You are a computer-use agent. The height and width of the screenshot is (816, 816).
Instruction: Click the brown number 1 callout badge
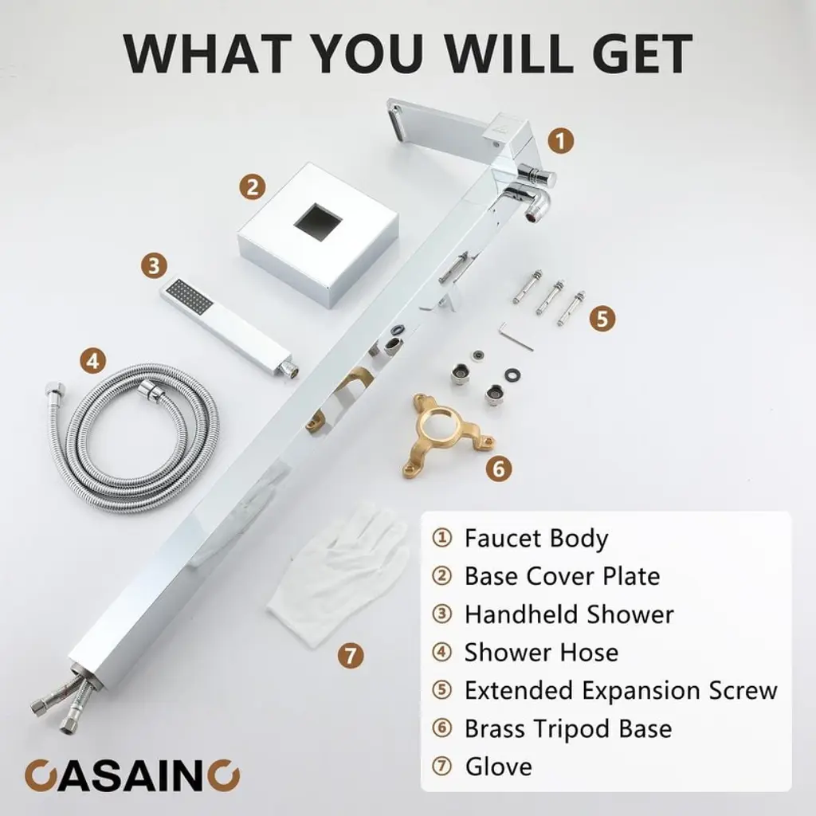[560, 141]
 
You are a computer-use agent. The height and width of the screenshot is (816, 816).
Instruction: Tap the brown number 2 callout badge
[253, 186]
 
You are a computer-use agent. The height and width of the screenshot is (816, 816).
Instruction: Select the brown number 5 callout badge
[602, 318]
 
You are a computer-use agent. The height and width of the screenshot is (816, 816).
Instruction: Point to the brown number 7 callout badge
[351, 656]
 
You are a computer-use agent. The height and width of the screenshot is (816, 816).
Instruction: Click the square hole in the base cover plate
[318, 222]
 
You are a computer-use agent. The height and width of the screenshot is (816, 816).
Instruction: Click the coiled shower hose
[133, 437]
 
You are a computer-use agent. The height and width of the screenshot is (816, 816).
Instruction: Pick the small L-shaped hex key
[516, 336]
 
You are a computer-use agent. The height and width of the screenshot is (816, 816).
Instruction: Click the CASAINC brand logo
[132, 775]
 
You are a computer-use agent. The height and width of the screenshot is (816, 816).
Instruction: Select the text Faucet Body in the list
[536, 539]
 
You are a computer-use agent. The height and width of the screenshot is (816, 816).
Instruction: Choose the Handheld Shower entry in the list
[569, 614]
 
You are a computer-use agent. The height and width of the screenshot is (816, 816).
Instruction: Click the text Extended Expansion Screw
[621, 691]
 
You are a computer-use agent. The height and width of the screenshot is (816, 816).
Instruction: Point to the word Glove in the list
[499, 767]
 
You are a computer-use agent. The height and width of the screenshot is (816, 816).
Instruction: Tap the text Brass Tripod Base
[567, 728]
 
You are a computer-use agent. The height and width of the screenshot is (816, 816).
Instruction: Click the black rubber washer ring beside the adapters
[513, 375]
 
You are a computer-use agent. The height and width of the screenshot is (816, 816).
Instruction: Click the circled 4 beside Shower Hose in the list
[441, 653]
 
